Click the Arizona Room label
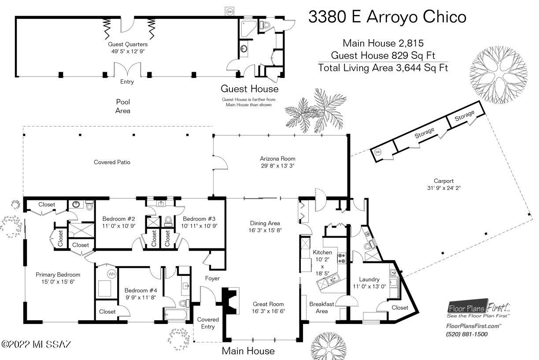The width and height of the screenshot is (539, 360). coord(277,159)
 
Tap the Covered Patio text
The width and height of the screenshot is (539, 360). coord(112,162)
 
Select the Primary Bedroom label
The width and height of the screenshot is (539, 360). coord(58,275)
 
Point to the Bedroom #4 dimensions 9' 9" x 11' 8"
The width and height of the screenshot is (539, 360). coord(140,297)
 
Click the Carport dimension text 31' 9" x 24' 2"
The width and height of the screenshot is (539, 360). coord(444,188)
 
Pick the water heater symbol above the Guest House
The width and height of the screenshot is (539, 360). coord(230,11)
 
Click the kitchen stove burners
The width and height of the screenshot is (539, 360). coord(342,258)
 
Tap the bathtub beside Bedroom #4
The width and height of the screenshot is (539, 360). coord(176,314)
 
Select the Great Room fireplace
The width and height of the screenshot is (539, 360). coord(230,301)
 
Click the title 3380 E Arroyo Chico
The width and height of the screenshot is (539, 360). coord(387,17)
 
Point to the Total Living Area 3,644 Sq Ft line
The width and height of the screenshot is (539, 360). coord(383,68)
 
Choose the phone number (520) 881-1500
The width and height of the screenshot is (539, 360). coord(467,334)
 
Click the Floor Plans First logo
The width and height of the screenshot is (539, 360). coord(478,308)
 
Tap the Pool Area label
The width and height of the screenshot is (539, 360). coord(123,106)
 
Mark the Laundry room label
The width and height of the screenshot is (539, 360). coord(369,279)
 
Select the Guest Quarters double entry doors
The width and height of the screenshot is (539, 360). coord(127,69)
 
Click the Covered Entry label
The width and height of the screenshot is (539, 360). coord(208,323)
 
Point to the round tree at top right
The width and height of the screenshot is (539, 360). coord(498,74)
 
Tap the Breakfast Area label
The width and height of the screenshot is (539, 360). coord(321,308)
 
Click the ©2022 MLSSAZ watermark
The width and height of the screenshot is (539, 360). coord(36,344)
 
